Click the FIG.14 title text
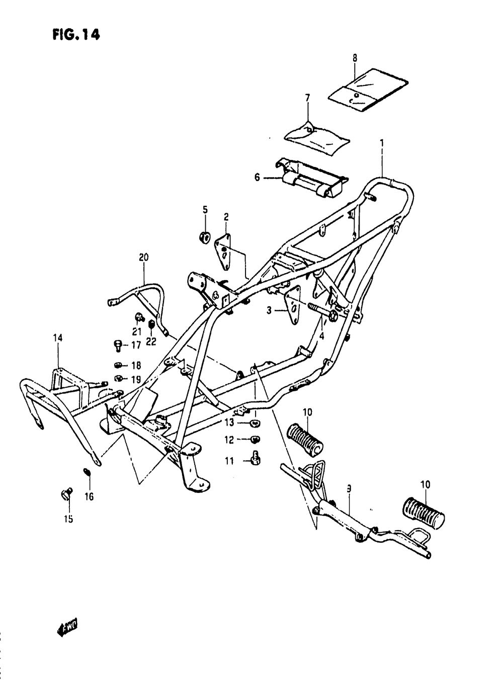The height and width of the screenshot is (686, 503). tap(75, 35)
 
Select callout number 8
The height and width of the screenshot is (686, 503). tap(355, 58)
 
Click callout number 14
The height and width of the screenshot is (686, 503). tap(58, 338)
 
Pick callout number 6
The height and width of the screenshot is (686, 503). tap(257, 178)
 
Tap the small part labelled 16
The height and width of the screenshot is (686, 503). tap(86, 471)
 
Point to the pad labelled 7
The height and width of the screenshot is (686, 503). tap(315, 134)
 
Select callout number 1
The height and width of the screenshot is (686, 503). tap(382, 143)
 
